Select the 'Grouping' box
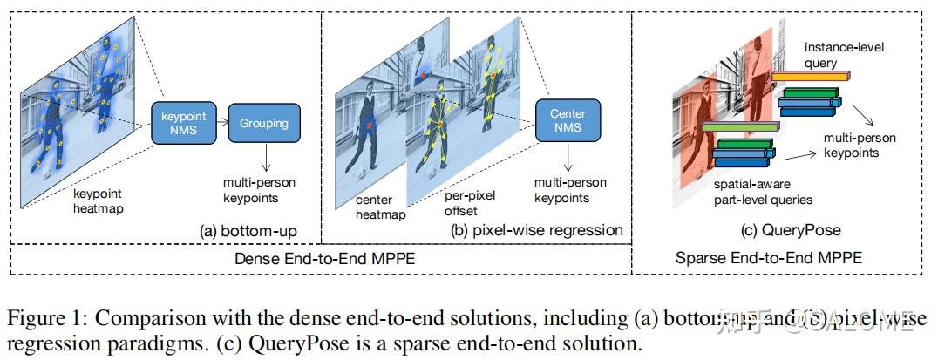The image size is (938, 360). [264, 124]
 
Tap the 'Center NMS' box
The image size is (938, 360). [567, 123]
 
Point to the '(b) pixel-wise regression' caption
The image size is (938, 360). [535, 230]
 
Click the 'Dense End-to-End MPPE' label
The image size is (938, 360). [320, 258]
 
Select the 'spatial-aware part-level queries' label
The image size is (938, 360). [763, 193]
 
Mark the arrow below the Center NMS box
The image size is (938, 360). [567, 158]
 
